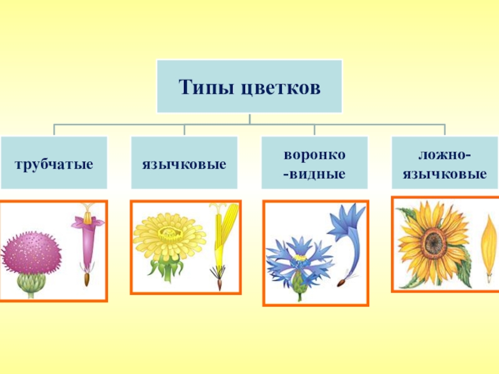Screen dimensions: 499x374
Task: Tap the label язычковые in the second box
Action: pos(184,165)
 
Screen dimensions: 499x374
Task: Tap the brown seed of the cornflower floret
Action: pos(341,284)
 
